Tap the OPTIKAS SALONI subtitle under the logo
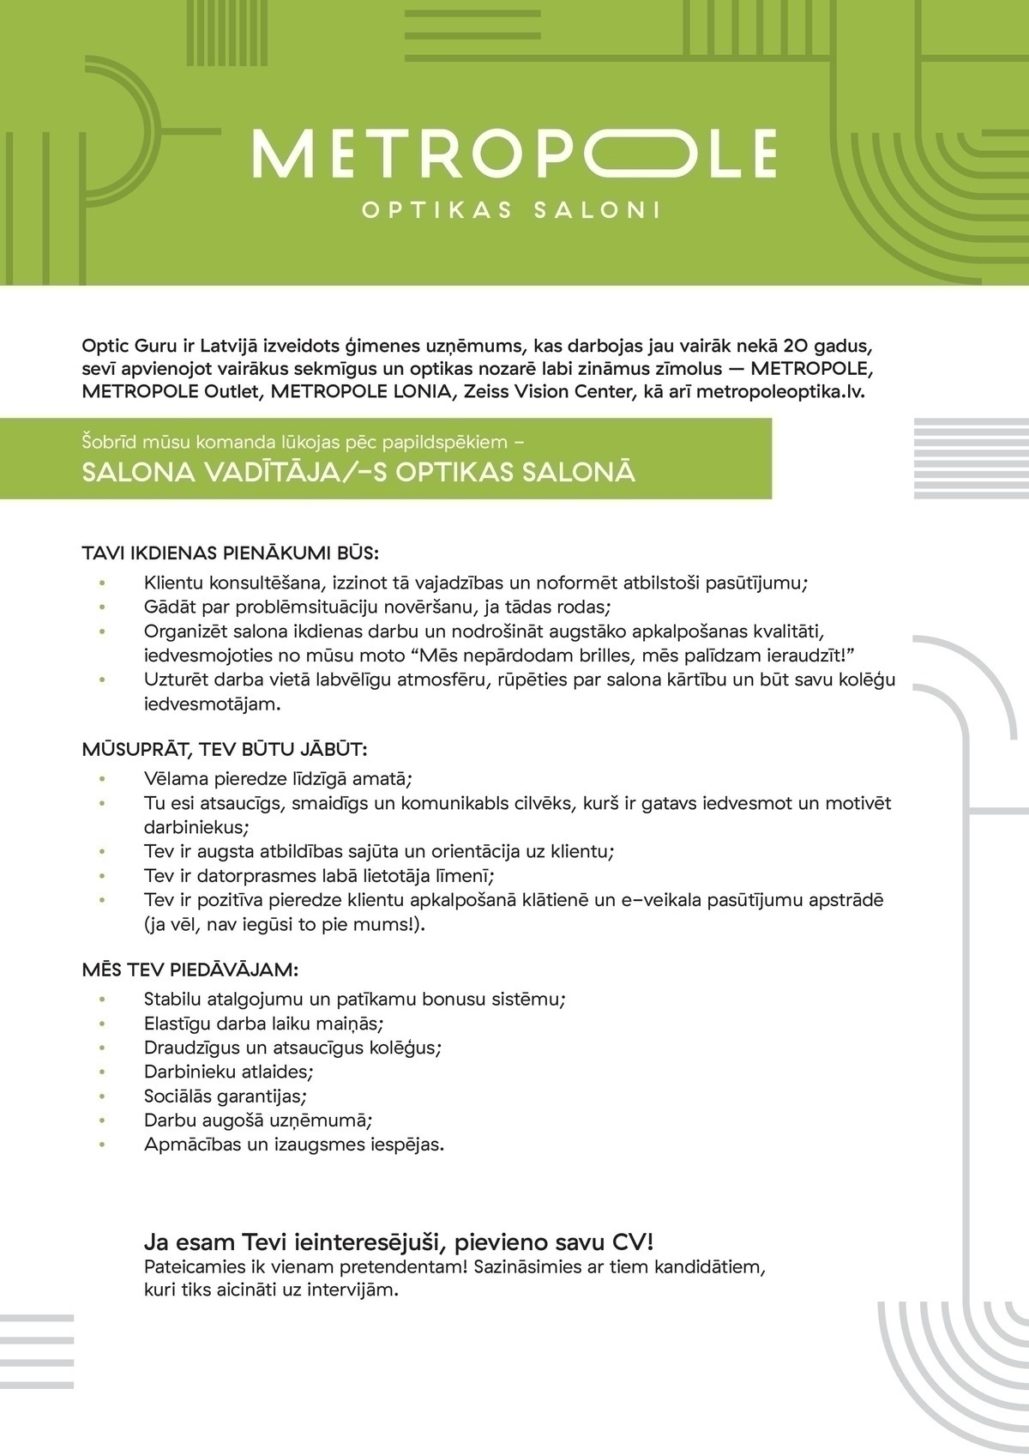pyautogui.click(x=513, y=210)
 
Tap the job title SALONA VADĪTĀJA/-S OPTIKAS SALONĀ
pyautogui.click(x=358, y=473)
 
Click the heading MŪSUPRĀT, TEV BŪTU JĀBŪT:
pyautogui.click(x=225, y=749)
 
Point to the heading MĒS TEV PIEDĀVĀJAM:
pyautogui.click(x=190, y=970)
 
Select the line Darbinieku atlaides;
pyautogui.click(x=229, y=1072)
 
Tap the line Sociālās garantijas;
pyautogui.click(x=226, y=1096)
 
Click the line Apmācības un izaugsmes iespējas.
pyautogui.click(x=294, y=1144)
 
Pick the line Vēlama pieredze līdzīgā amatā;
pyautogui.click(x=278, y=779)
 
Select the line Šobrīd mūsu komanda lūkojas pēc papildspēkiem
pyautogui.click(x=303, y=443)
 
